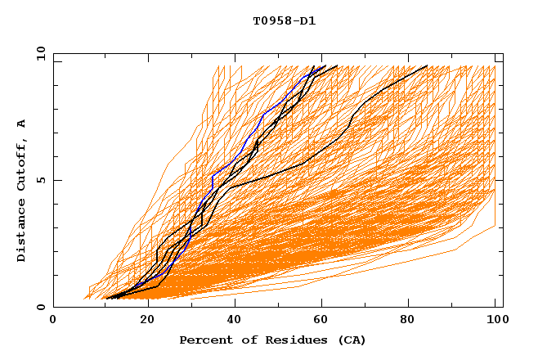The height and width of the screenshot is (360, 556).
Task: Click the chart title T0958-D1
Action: (x=284, y=20)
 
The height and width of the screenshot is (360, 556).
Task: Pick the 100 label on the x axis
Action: (x=495, y=320)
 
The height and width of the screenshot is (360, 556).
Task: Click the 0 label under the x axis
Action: (x=54, y=320)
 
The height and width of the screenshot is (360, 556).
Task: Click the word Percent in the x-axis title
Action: (x=204, y=340)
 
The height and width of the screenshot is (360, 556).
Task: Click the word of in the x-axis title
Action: (x=244, y=340)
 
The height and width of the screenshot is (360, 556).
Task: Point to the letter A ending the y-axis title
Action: (x=21, y=124)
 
